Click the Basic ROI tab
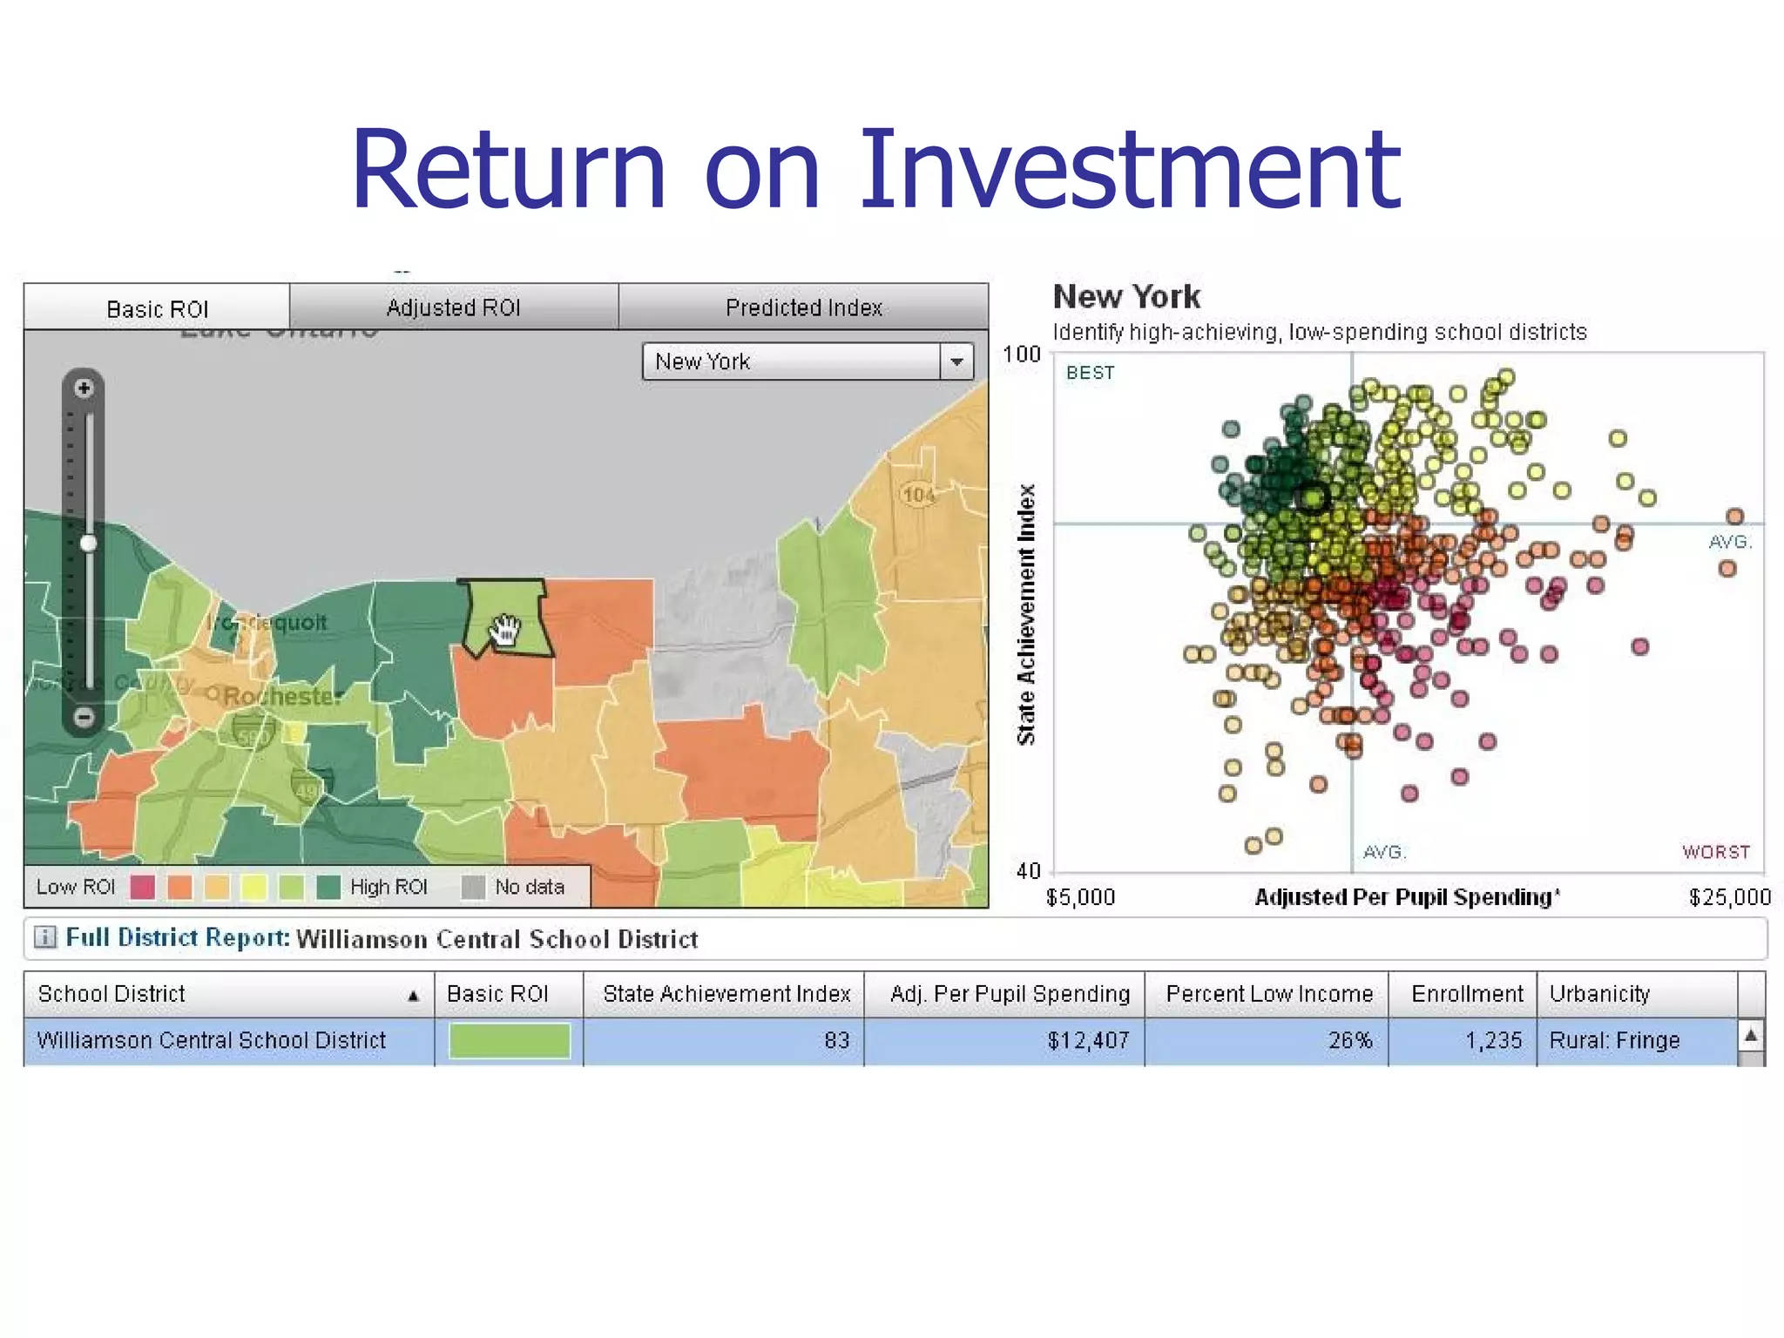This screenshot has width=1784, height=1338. click(157, 308)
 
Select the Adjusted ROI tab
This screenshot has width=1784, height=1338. click(453, 307)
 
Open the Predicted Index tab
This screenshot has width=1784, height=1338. click(803, 307)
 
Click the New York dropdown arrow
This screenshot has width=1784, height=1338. click(956, 362)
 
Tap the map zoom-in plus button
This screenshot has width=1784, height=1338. click(84, 389)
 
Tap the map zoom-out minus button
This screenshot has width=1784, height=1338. click(84, 717)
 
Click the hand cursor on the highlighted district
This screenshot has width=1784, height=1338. click(505, 629)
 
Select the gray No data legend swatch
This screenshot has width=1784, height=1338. click(473, 887)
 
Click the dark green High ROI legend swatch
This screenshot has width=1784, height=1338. click(328, 887)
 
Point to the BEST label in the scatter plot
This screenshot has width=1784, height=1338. click(1090, 373)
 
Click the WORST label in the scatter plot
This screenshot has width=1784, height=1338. click(1715, 852)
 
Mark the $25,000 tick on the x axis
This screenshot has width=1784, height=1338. click(1729, 897)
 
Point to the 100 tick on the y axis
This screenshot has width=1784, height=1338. click(1021, 355)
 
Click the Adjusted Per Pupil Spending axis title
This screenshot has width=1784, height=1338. click(1407, 897)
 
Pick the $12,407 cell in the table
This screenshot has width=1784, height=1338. click(1088, 1040)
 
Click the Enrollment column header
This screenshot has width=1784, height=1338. click(1467, 994)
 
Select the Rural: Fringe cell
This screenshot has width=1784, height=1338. click(1614, 1040)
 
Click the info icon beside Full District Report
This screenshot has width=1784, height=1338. click(44, 937)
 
